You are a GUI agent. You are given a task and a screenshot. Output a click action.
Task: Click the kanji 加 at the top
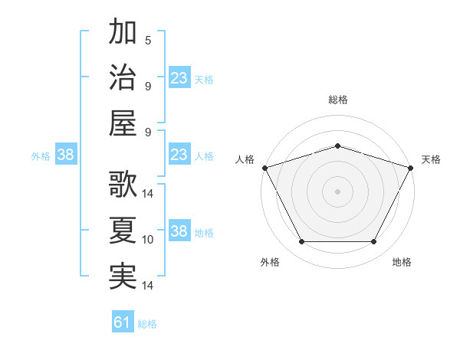point(123,33)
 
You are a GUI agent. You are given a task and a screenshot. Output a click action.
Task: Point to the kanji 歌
point(123,185)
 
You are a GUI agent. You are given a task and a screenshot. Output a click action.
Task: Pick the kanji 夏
point(123,231)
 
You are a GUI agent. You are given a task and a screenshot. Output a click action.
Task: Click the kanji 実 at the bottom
point(123,277)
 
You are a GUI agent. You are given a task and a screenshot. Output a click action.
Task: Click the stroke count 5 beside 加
point(147,41)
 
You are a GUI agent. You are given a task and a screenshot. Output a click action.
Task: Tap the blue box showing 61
point(123,322)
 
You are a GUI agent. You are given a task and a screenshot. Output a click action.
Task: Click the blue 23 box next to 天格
point(179,77)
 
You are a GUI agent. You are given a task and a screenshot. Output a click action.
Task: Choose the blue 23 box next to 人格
point(179,155)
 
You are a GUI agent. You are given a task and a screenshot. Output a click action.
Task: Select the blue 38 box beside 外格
point(66,155)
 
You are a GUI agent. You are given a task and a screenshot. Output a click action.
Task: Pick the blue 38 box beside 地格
point(179,231)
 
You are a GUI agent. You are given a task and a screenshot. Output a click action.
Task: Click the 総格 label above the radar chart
point(338,100)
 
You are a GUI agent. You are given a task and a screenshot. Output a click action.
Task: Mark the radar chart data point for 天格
point(412,167)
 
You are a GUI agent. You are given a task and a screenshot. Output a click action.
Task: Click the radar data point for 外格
point(301,242)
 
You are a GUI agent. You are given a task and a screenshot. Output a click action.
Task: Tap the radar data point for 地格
point(374,242)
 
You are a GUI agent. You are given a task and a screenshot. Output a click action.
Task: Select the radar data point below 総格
point(337,146)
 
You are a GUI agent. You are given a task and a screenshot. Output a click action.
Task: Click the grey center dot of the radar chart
point(337,191)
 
